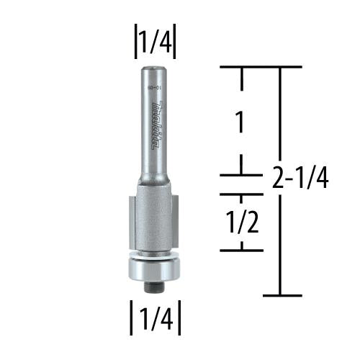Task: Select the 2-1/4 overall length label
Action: (300, 176)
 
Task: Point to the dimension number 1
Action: (240, 122)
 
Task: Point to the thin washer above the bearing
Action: (153, 253)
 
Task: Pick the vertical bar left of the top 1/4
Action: (134, 42)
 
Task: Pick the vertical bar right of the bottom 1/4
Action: (176, 317)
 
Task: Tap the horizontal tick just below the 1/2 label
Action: (240, 250)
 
